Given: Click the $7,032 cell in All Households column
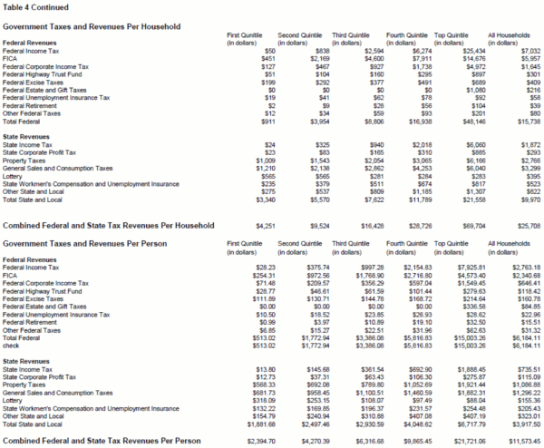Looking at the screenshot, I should pyautogui.click(x=516, y=52).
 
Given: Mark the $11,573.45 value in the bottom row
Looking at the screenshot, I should pyautogui.click(x=512, y=441).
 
